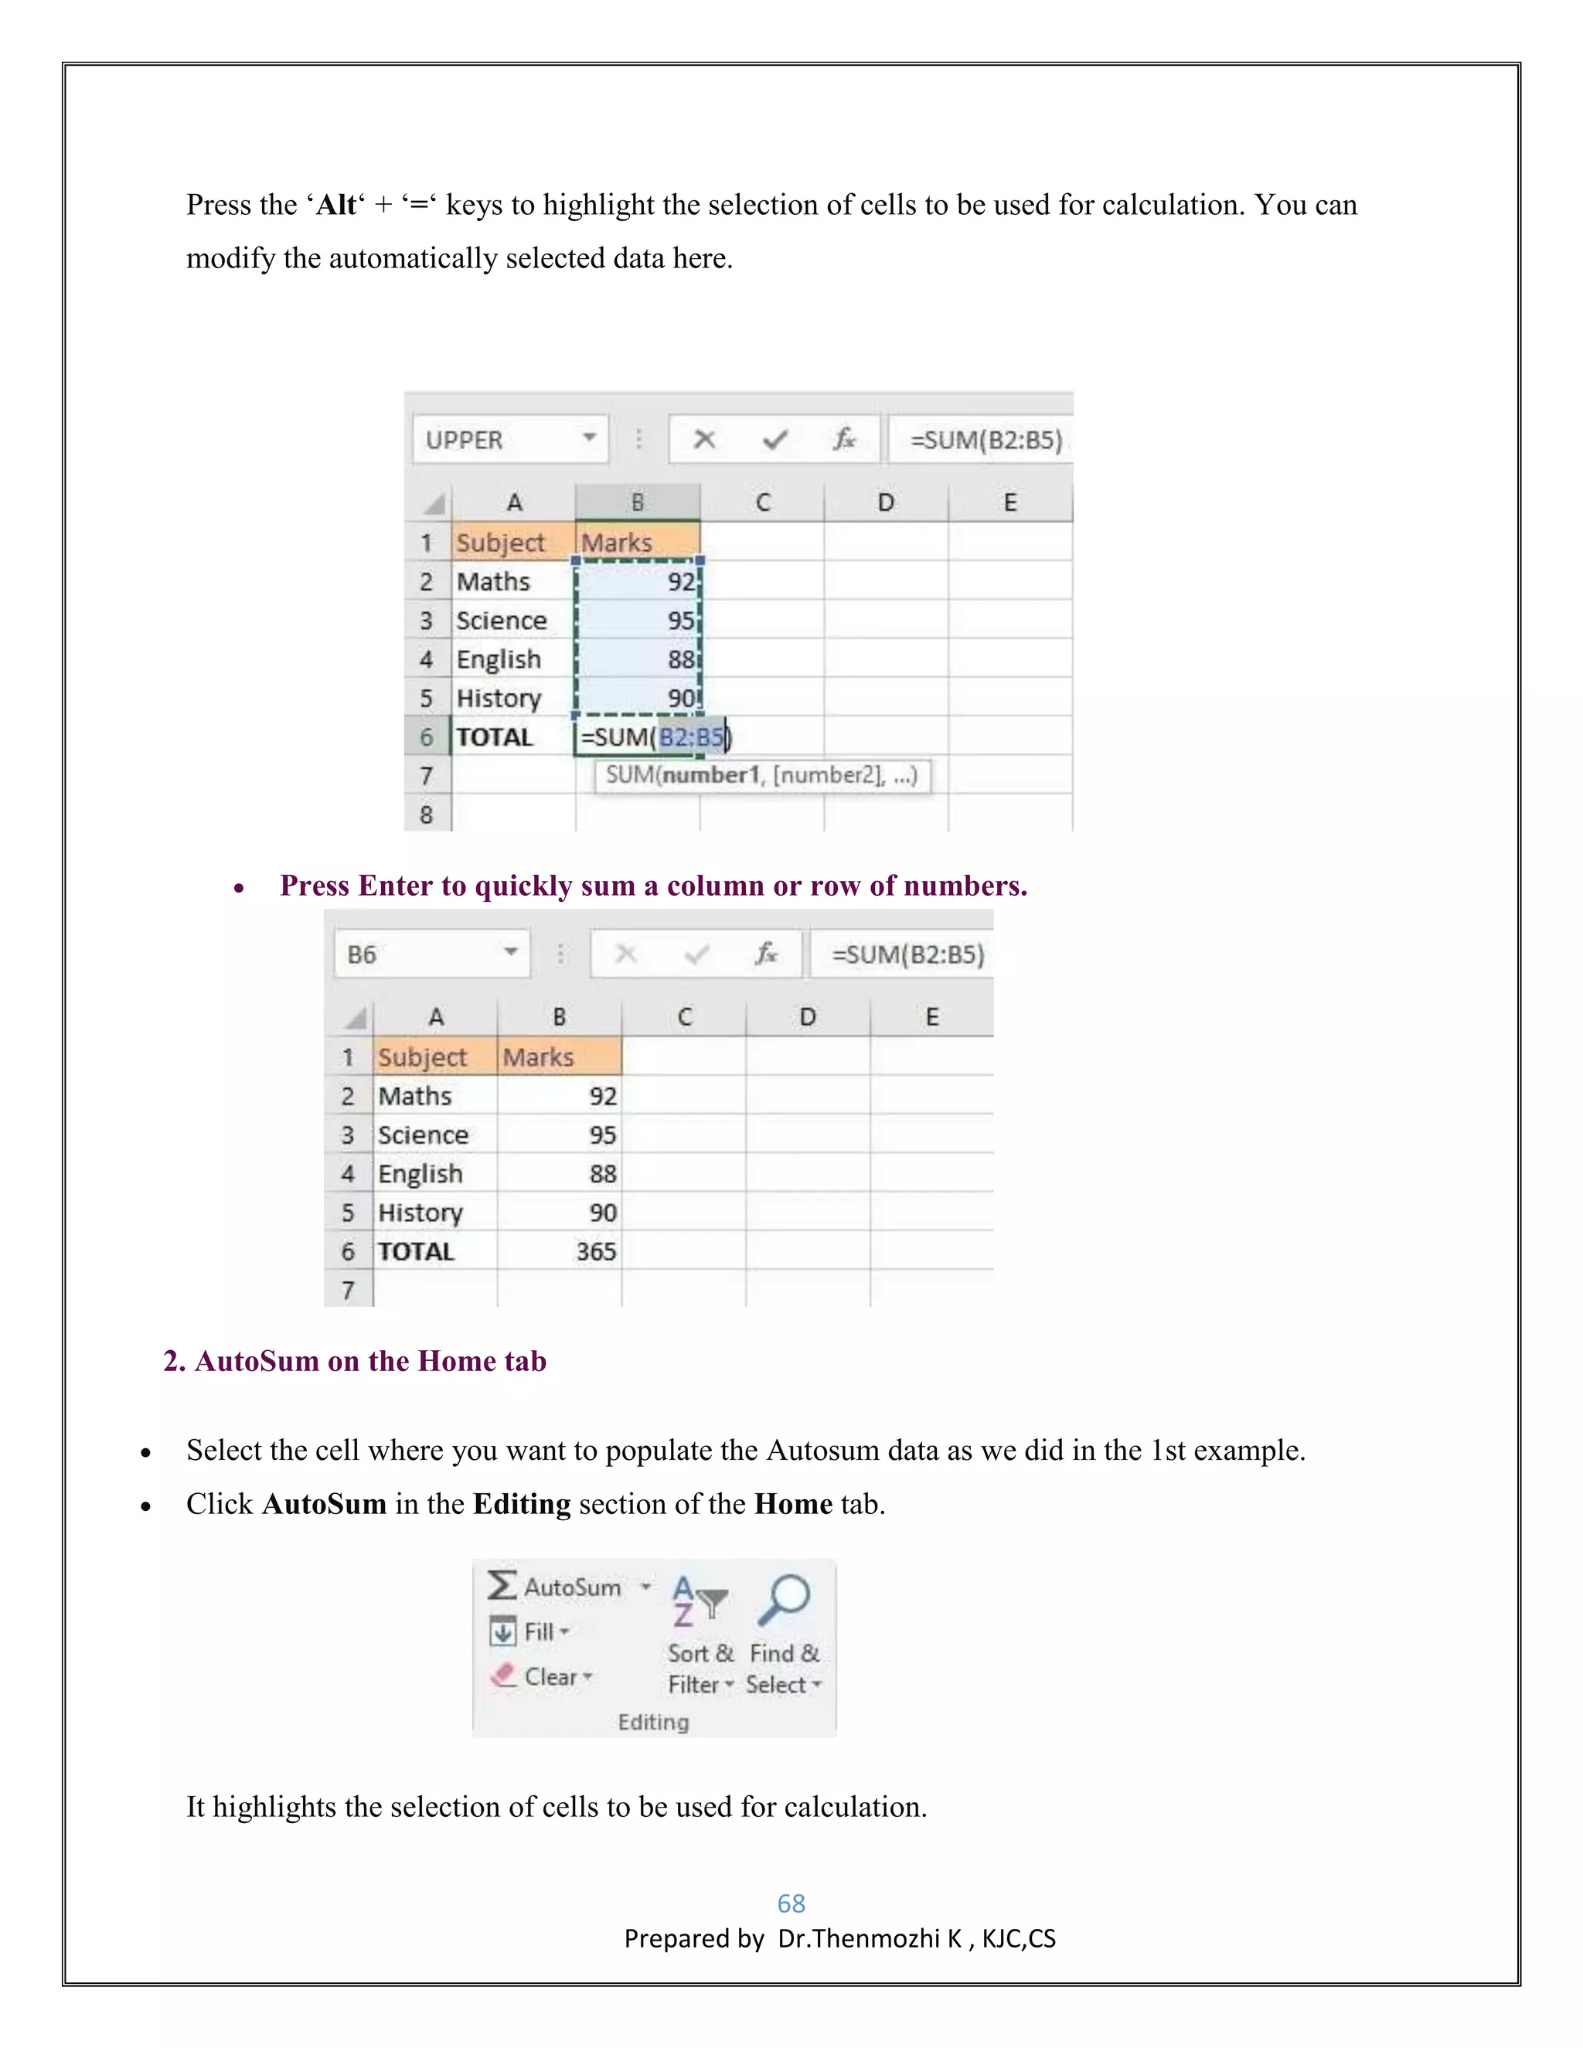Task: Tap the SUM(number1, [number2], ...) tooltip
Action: [761, 775]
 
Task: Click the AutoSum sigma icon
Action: [502, 1586]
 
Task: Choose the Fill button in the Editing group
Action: [531, 1632]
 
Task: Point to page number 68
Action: [791, 1903]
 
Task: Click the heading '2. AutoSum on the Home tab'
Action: [355, 1361]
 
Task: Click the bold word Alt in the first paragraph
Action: [335, 206]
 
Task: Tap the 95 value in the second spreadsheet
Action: [602, 1135]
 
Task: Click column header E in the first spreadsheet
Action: [1010, 502]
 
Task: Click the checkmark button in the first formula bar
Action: [775, 440]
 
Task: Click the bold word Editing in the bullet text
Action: [522, 1504]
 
